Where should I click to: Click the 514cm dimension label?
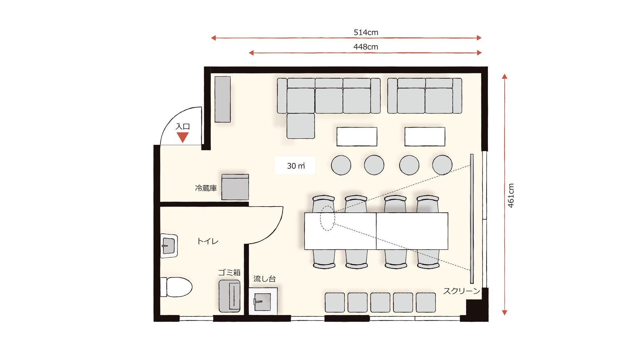(x=366, y=33)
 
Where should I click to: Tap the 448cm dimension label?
(x=366, y=47)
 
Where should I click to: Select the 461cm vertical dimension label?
(x=511, y=195)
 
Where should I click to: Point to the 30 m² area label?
(x=296, y=166)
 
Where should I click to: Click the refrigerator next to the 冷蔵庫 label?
(x=235, y=187)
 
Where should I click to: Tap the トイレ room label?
(x=208, y=241)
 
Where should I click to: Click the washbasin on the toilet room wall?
(x=169, y=246)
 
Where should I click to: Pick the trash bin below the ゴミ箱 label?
(x=229, y=296)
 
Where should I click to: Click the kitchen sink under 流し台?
(x=263, y=301)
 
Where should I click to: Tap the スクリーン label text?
(x=462, y=291)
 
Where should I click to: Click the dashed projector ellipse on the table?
(x=327, y=218)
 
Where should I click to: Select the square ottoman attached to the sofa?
(x=301, y=126)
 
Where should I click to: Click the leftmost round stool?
(x=341, y=165)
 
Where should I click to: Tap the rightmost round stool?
(x=442, y=165)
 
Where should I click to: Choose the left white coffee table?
(x=357, y=136)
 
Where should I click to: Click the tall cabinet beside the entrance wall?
(x=223, y=99)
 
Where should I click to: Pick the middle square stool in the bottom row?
(x=380, y=302)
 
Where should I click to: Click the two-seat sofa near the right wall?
(x=425, y=96)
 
